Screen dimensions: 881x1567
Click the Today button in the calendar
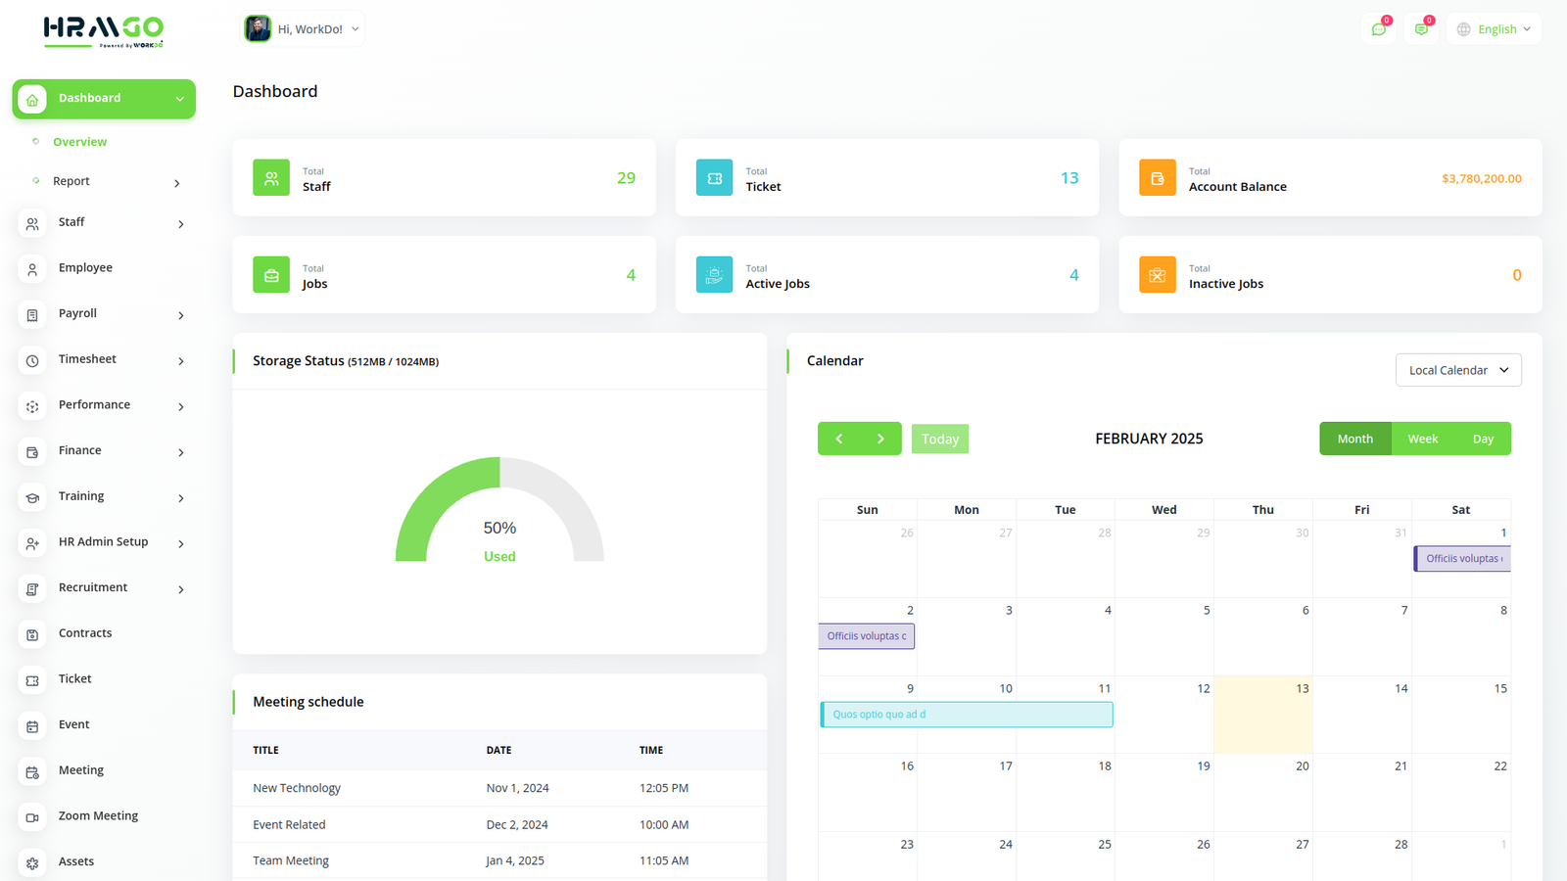tap(939, 439)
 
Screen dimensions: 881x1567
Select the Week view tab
tap(1422, 439)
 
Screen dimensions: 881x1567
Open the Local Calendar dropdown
tap(1457, 370)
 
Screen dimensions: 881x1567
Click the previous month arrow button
tap(839, 439)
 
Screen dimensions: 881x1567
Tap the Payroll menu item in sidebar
tap(77, 314)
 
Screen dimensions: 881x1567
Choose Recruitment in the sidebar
tap(93, 588)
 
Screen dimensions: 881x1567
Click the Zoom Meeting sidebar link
tap(98, 816)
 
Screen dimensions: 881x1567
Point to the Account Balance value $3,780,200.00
tap(1481, 178)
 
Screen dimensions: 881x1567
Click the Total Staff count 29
tap(626, 178)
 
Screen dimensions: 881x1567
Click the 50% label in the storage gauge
tap(499, 528)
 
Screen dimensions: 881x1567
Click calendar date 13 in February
tap(1302, 689)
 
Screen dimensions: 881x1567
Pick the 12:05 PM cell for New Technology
tap(664, 788)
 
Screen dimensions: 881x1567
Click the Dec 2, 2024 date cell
tap(517, 825)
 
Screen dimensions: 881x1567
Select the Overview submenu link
tap(79, 142)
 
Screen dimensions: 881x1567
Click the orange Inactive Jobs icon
tap(1157, 275)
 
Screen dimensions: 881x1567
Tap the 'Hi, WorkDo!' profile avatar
tap(259, 28)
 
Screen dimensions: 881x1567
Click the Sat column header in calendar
tap(1460, 510)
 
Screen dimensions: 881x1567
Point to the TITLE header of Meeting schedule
tap(265, 751)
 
